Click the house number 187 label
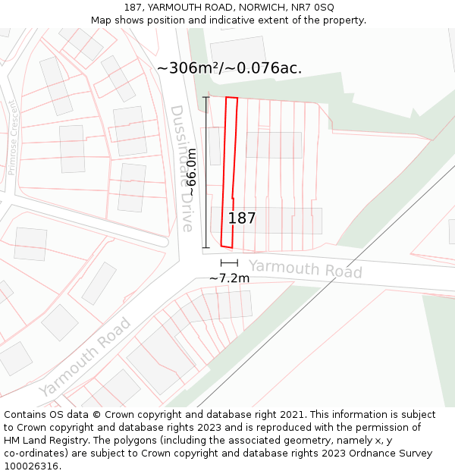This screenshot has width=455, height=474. [x=242, y=218]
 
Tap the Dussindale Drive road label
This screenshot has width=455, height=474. [x=181, y=168]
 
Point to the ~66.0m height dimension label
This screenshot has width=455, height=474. [x=192, y=172]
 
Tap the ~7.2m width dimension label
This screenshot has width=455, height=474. [x=229, y=278]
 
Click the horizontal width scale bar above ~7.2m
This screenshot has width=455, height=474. [x=229, y=262]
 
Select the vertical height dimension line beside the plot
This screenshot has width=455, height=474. [x=206, y=172]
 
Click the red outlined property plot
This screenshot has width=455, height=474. [x=230, y=174]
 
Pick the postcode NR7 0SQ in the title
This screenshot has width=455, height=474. [x=313, y=8]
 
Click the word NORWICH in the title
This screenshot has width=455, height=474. [x=255, y=8]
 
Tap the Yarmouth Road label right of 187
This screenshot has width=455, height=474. [x=306, y=268]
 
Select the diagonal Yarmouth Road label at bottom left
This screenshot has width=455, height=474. [x=85, y=357]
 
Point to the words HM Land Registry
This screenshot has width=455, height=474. [x=42, y=441]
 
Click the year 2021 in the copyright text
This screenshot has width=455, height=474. [x=293, y=415]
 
